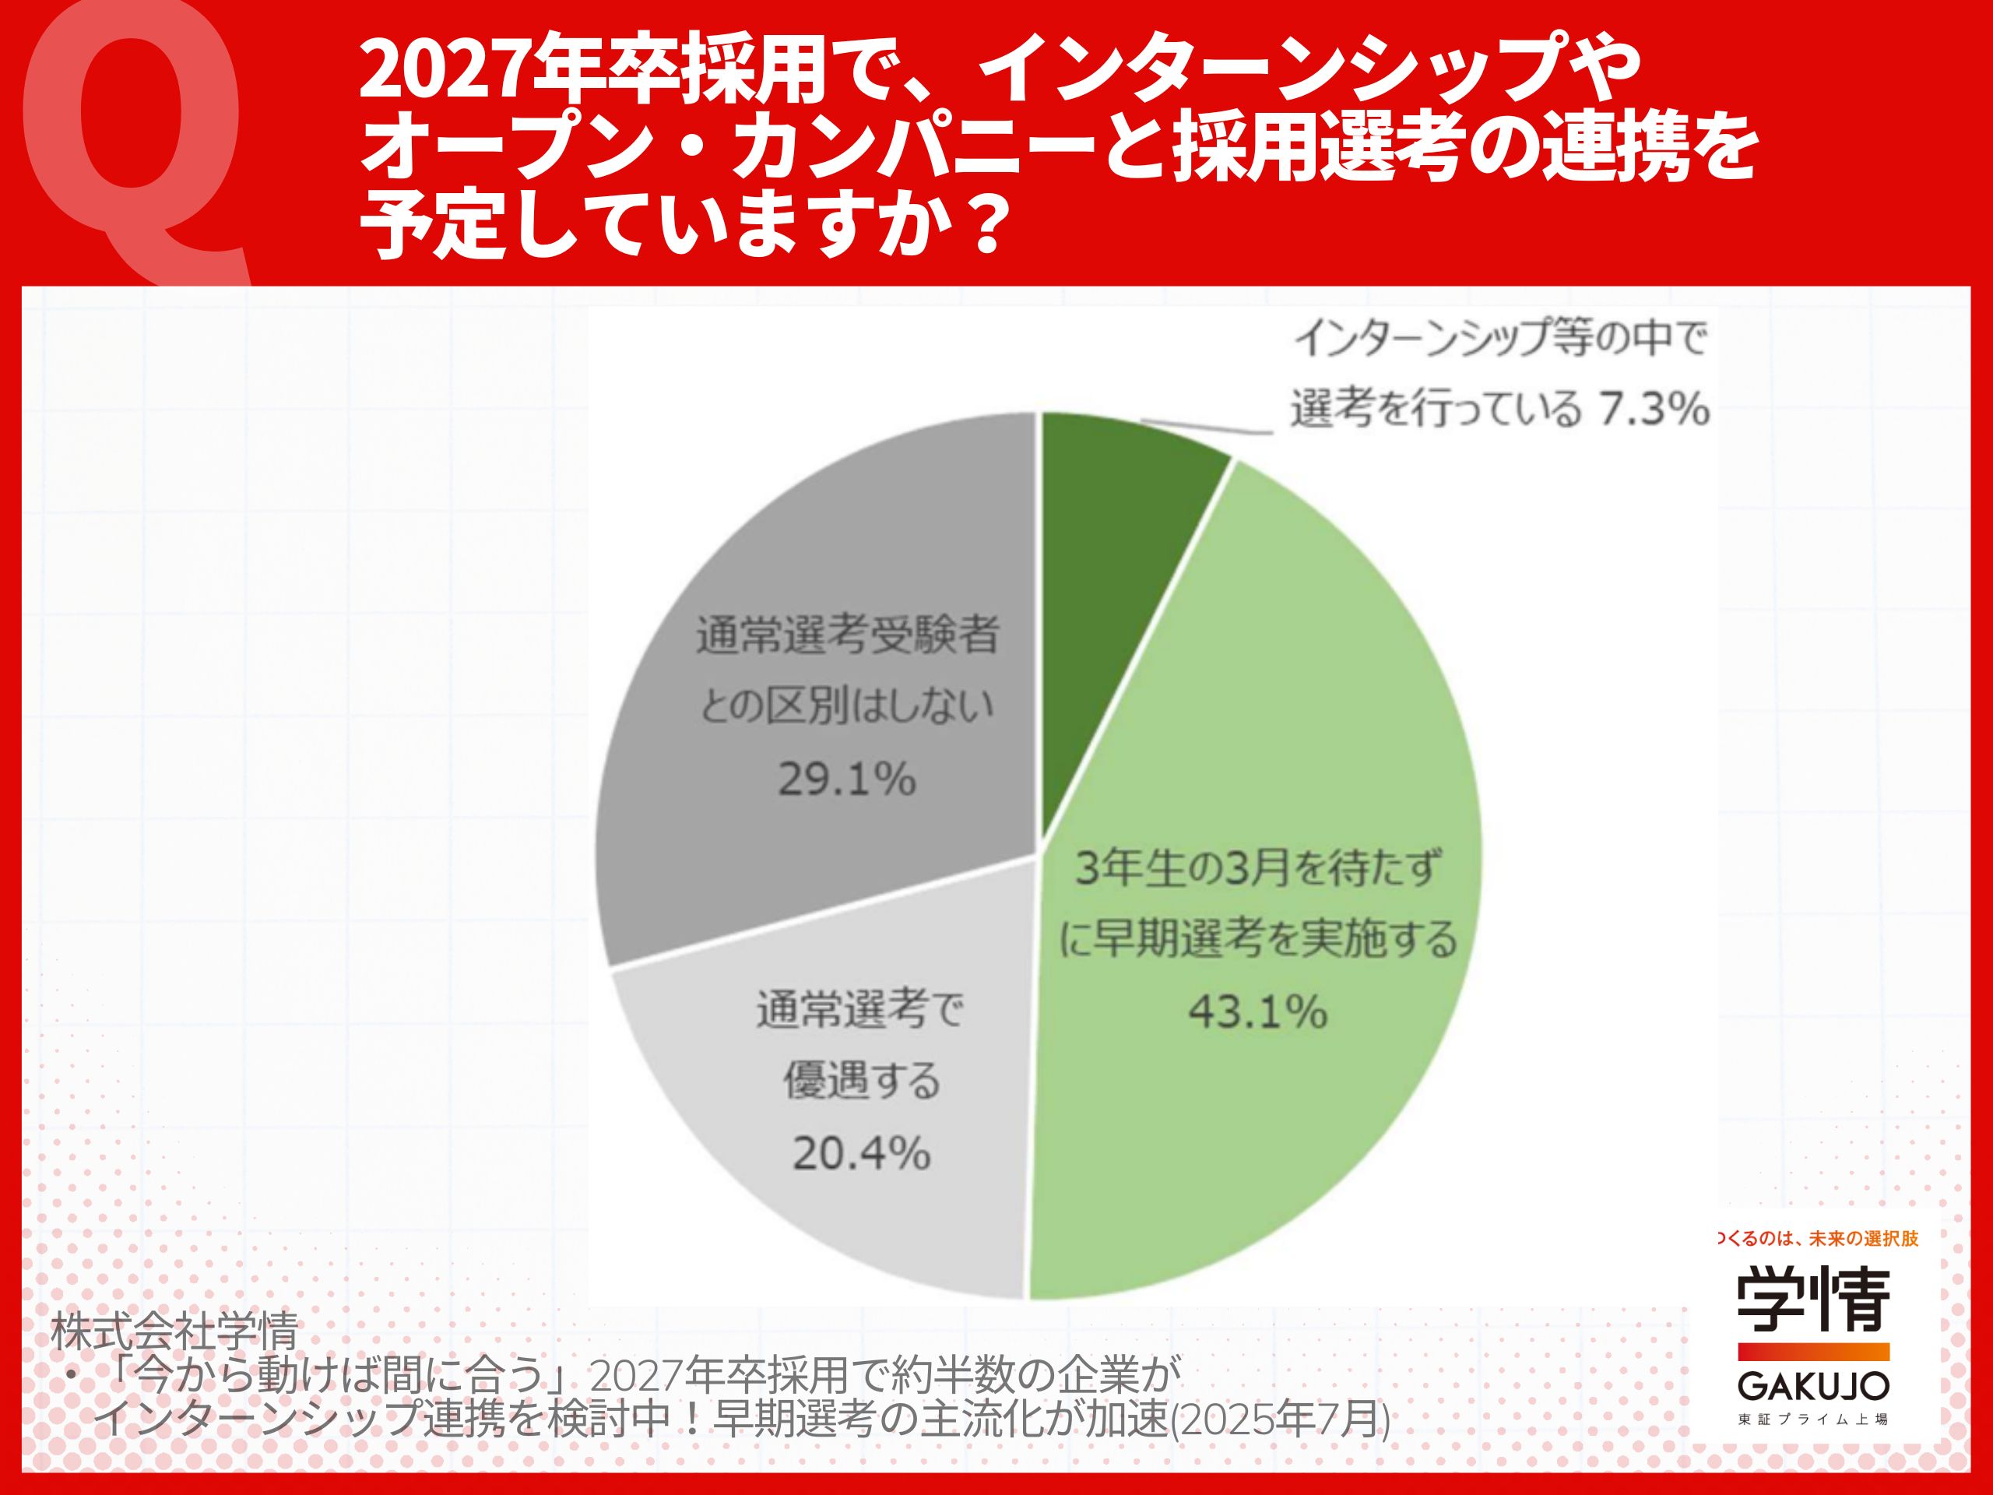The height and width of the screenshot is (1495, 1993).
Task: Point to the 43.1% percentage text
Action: pos(1258,1012)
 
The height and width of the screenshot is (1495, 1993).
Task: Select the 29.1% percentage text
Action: pos(847,779)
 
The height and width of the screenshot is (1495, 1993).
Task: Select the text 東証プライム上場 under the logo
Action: pos(1813,1420)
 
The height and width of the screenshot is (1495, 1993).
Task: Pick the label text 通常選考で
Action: pos(859,1010)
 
